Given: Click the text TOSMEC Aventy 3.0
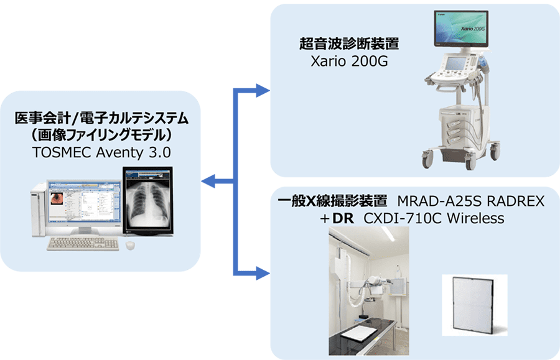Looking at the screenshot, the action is click(101, 152).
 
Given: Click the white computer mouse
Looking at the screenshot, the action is click(130, 245).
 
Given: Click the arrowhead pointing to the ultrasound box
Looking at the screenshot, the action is click(263, 91).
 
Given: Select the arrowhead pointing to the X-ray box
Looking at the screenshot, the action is click(263, 273).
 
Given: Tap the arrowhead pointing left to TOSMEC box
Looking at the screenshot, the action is click(208, 181).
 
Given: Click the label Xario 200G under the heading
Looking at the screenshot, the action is click(349, 62).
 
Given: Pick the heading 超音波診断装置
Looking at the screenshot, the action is click(349, 44).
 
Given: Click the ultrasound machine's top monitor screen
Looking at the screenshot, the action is click(461, 29).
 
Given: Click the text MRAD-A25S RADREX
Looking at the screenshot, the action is click(471, 201).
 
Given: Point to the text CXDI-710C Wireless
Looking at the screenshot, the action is click(434, 218).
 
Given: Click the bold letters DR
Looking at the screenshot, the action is click(343, 218).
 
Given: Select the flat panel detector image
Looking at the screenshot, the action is click(474, 305).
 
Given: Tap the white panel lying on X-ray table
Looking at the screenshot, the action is click(359, 333).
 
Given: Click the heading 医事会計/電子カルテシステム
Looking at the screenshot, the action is click(101, 118).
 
